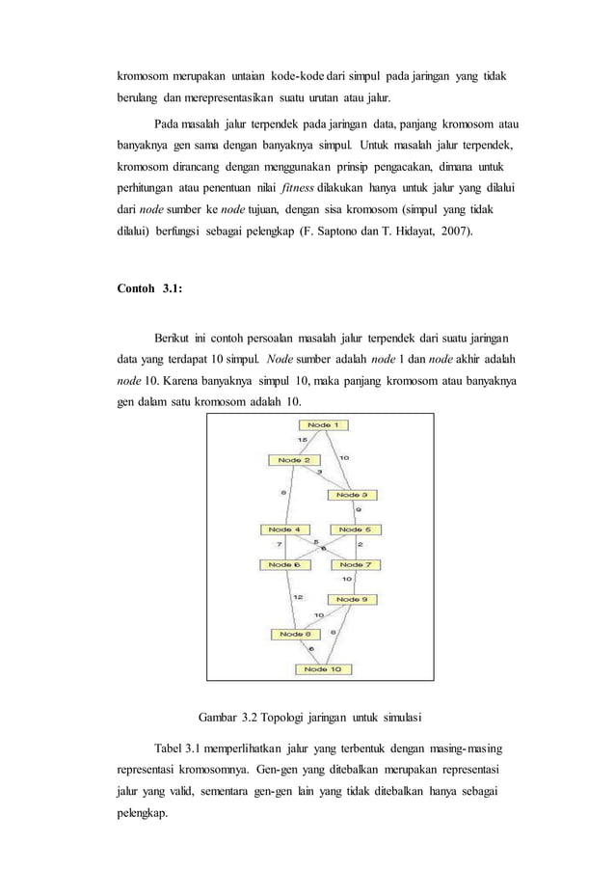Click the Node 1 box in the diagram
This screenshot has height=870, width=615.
click(x=323, y=425)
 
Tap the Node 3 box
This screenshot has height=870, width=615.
click(x=351, y=495)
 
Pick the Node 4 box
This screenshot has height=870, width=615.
click(x=281, y=530)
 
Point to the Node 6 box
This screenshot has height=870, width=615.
click(x=281, y=564)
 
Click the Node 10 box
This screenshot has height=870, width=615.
click(x=323, y=668)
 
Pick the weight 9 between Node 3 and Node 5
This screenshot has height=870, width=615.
click(x=359, y=510)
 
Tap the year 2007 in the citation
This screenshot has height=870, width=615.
click(x=454, y=232)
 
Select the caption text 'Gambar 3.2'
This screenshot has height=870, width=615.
click(x=230, y=717)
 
